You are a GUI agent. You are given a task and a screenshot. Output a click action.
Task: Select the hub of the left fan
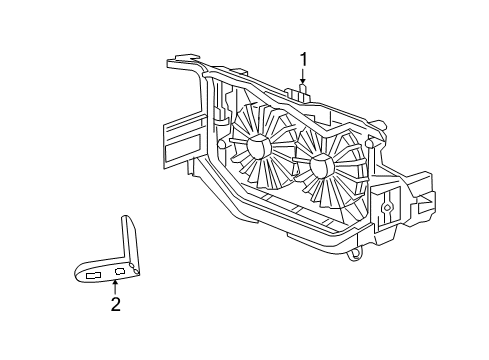coord(258,148)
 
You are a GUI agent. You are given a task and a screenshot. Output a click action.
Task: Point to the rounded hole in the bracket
coord(120,271)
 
